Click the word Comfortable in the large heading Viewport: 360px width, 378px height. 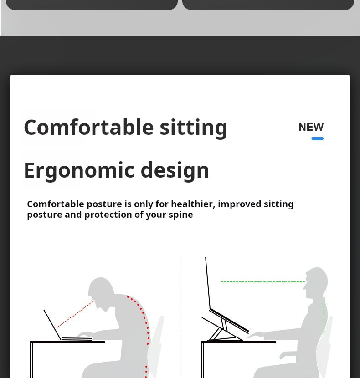coord(88,127)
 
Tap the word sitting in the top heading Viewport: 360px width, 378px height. coord(193,127)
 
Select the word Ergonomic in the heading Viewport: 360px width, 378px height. coord(79,170)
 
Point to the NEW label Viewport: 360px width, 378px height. coord(311,127)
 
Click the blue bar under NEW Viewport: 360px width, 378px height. coord(317,138)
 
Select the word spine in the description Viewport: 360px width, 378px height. coord(181,215)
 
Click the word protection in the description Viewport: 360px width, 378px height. coord(108,215)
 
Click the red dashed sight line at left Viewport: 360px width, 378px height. coord(75,314)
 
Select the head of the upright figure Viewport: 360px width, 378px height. coord(317,281)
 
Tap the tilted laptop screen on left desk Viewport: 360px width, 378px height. coord(52,324)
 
